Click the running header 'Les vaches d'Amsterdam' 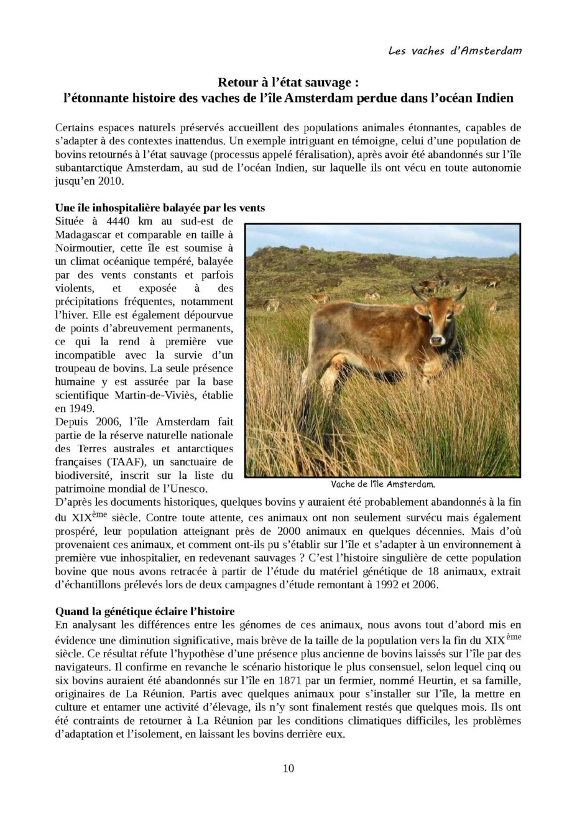coord(455,50)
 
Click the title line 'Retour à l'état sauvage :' coord(288,83)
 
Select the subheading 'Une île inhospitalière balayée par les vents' coord(160,208)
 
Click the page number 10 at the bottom coord(288,768)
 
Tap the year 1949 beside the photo coord(83,409)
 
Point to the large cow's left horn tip coord(413,288)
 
